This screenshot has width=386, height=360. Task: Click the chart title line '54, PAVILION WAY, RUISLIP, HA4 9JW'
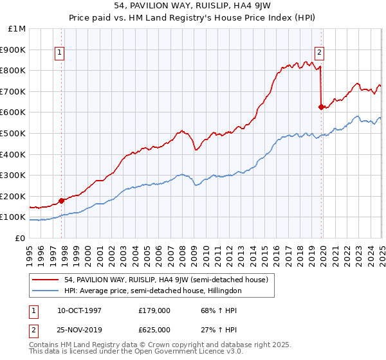(192, 7)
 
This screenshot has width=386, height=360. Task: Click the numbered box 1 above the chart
(59, 53)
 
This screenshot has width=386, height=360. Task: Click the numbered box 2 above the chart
(319, 53)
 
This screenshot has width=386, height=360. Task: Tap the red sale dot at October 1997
(62, 201)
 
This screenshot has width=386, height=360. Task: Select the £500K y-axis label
(14, 133)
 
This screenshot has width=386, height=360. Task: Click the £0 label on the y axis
(20, 238)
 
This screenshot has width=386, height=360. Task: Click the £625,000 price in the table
(154, 329)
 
